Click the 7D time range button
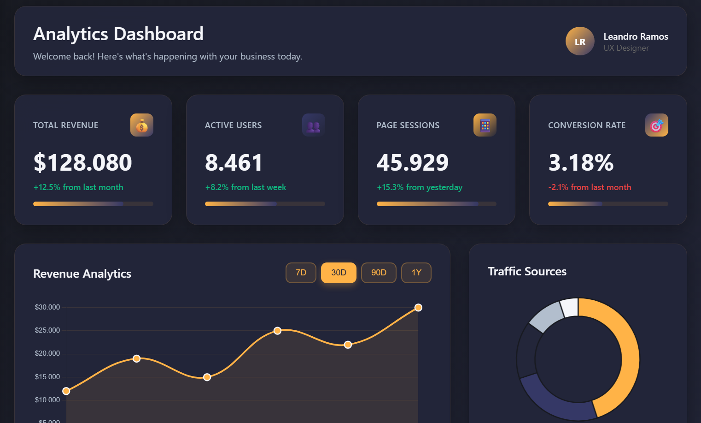point(301,273)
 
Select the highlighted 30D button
point(339,273)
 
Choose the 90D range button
point(379,273)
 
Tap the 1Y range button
point(416,273)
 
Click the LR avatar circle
point(580,42)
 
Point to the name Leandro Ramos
point(636,36)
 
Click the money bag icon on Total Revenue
point(142,125)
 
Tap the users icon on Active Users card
point(313,125)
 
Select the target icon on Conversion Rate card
point(656,125)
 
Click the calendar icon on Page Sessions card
point(485,125)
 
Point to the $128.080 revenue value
point(83,162)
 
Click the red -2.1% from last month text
point(590,187)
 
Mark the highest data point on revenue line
point(418,308)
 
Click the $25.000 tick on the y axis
point(47,330)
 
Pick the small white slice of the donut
point(570,307)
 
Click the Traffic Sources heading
point(527,271)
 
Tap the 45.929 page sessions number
point(413,162)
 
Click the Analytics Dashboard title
point(118,34)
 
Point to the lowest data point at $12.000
point(66,391)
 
